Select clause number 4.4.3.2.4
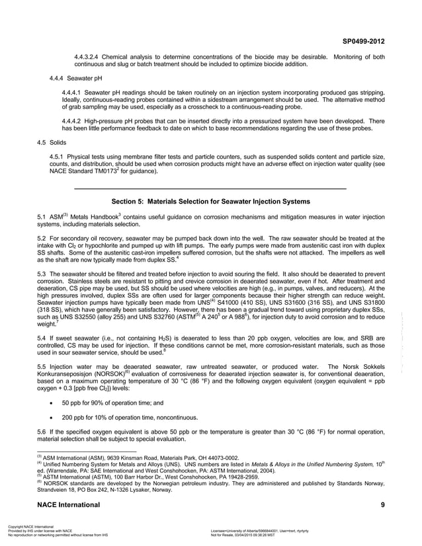(91, 58)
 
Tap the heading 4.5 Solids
(54, 141)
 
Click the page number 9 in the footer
(382, 505)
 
